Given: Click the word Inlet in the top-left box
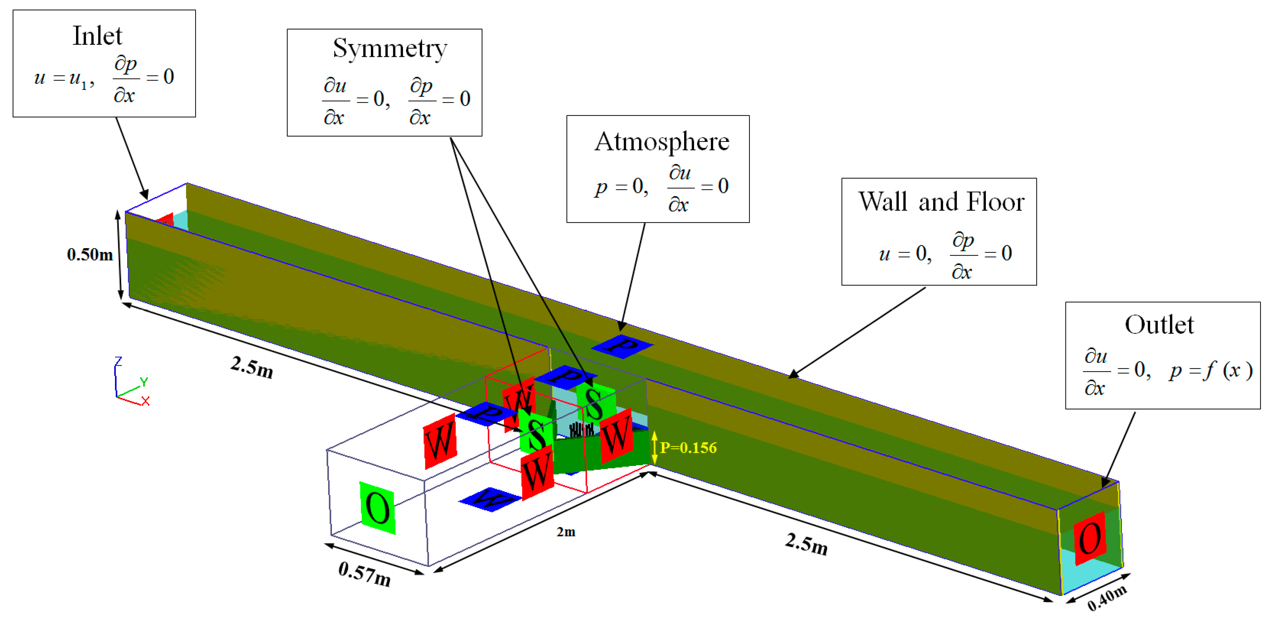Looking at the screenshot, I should tap(97, 36).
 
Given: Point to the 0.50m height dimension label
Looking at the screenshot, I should tap(90, 255).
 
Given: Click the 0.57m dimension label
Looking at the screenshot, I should tap(364, 574).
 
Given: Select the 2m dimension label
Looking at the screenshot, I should tap(566, 532).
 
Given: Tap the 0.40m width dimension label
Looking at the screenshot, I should tap(1107, 598).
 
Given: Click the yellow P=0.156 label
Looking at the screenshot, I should tap(688, 448).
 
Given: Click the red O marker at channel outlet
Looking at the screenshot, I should tap(1090, 539).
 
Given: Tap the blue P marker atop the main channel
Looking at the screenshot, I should tap(622, 346).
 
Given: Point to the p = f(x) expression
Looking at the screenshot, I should tap(1210, 370).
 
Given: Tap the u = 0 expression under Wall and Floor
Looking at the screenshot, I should tap(905, 254).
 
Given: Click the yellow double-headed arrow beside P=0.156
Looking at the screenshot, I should tap(654, 448).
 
